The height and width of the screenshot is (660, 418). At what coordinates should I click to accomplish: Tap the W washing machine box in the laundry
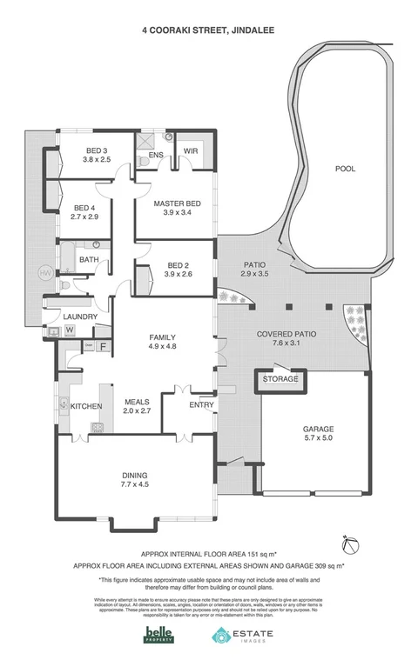coord(69,330)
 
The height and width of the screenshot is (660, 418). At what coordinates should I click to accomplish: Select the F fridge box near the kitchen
coord(104,347)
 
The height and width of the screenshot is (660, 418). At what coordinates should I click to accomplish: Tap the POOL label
coord(346,170)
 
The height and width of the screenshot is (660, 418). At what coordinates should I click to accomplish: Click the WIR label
coord(188,154)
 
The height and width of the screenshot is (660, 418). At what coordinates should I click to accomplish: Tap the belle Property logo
coord(158,636)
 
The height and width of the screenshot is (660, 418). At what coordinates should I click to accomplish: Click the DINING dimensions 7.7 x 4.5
coord(135,484)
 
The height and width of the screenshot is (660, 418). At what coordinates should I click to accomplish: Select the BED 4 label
coord(84,208)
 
